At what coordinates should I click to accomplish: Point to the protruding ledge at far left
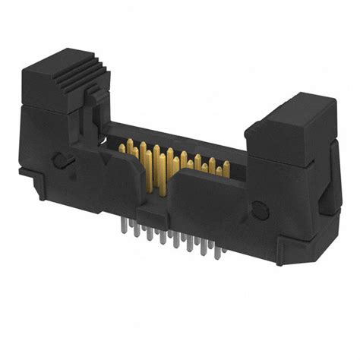28,175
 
